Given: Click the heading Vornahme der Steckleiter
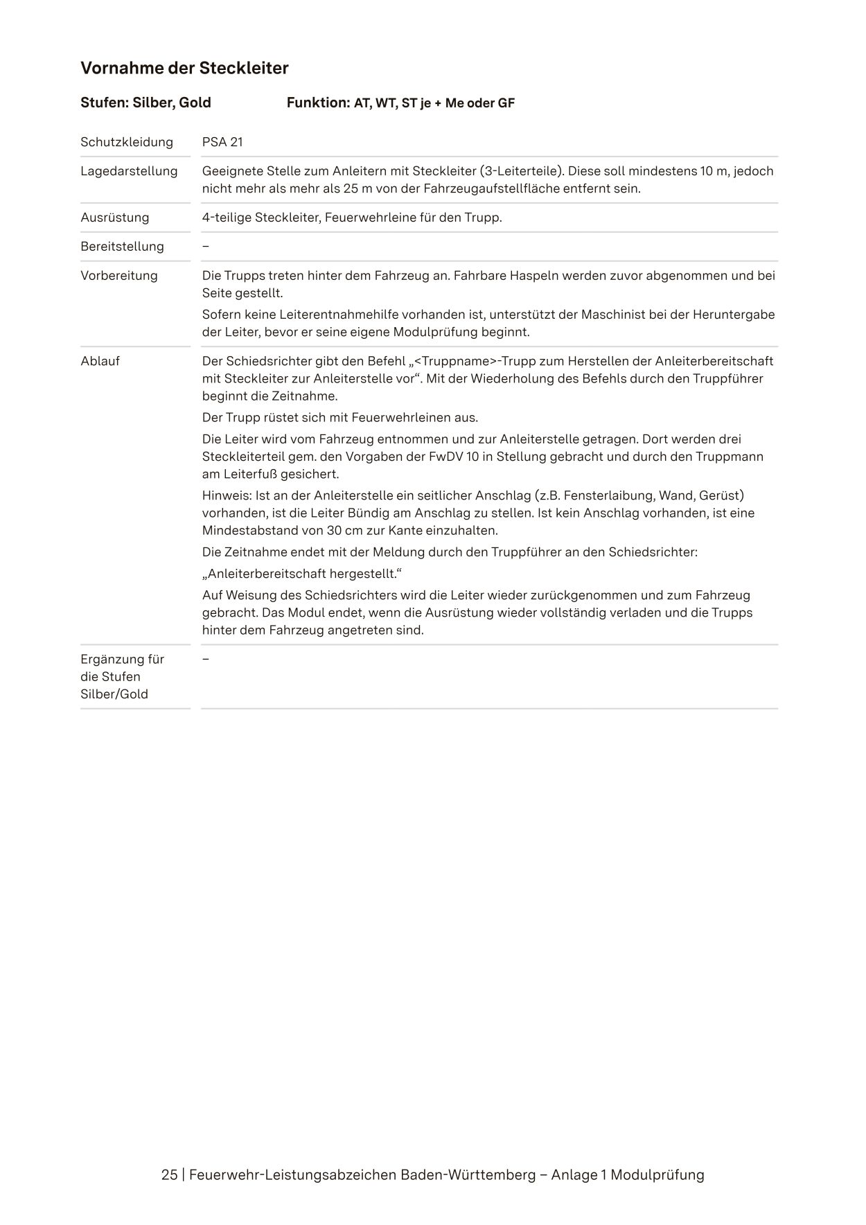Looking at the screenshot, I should pos(184,68).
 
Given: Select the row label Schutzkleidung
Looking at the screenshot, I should pos(127,142).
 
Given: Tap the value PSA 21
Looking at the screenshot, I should pos(222,142).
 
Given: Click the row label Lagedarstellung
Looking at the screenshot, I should pos(129,171).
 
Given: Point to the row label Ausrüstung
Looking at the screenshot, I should pos(115,218).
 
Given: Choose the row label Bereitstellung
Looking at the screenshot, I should pos(122,247).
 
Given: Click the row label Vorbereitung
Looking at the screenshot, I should pos(119,276).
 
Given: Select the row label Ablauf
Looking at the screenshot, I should pos(100,361).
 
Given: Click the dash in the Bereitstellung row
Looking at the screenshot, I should pos(206,247).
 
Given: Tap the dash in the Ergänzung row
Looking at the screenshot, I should pos(206,658).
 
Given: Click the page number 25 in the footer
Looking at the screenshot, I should pos(169,1175).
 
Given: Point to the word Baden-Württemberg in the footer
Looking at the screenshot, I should pos(468,1175).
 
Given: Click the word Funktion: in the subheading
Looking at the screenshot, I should pos(318,103).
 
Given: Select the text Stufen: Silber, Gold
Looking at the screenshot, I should pos(145,103).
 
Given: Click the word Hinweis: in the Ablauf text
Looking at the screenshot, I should pos(227,495).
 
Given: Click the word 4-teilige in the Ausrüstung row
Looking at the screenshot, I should pos(227,218).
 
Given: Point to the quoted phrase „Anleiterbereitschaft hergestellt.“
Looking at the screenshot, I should pos(302,574).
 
